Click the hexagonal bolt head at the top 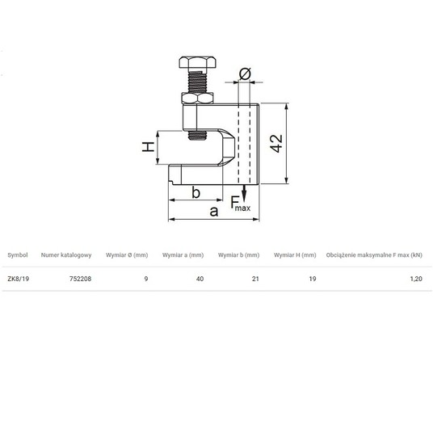[197, 62]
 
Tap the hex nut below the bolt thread [197, 99]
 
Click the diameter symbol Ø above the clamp [245, 74]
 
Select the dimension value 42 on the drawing [276, 143]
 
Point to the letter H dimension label [149, 147]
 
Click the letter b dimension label [195, 192]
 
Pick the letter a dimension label [214, 212]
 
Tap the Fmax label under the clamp [240, 204]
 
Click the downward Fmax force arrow [244, 193]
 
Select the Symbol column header [18, 255]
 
